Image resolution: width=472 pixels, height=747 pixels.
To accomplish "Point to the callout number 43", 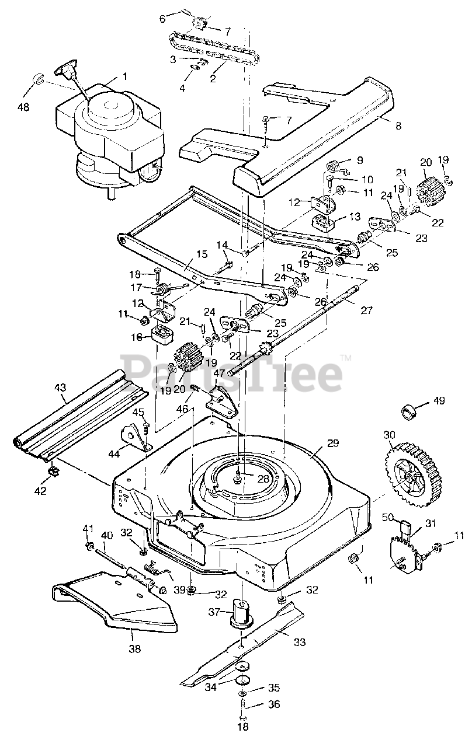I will (60, 387).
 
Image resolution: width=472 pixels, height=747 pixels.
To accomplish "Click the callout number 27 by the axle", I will (366, 310).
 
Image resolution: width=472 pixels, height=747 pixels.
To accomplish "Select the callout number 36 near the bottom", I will (274, 704).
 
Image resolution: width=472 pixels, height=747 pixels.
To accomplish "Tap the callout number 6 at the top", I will (162, 19).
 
